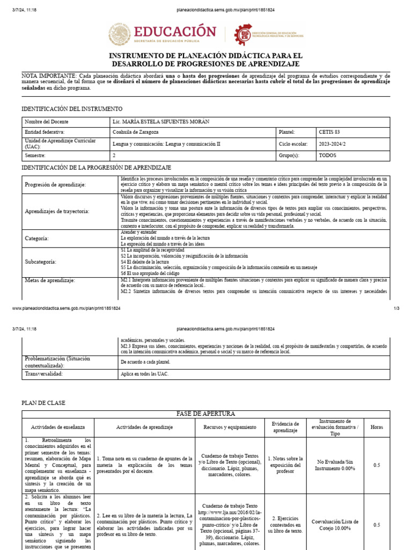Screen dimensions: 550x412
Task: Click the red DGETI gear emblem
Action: [243, 35]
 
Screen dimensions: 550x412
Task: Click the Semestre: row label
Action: [36, 155]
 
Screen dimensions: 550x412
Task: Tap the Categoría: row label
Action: [37, 237]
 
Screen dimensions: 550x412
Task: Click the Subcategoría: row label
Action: [40, 262]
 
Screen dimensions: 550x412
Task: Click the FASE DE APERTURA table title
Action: [206, 414]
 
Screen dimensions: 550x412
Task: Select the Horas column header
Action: [377, 427]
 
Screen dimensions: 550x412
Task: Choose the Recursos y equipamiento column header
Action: [230, 427]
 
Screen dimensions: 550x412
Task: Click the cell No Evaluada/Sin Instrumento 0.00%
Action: [335, 465]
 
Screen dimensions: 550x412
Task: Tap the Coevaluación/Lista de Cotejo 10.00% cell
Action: [335, 525]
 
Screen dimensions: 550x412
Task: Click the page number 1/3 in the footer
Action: [398, 309]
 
